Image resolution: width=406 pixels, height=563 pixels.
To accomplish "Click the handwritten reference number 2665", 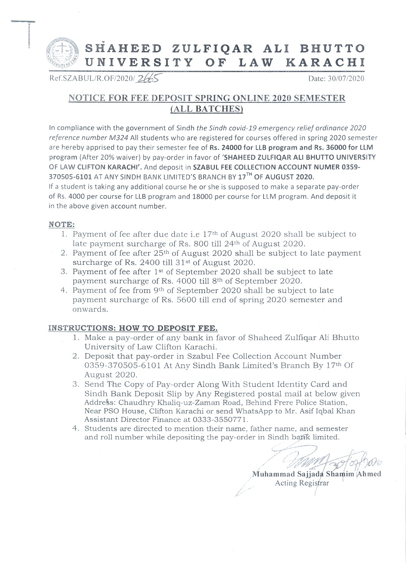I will (147, 78).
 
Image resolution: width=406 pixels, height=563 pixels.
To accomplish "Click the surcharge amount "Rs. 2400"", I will (136, 263).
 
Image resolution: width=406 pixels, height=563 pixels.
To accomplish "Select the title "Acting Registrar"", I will (301, 483).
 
